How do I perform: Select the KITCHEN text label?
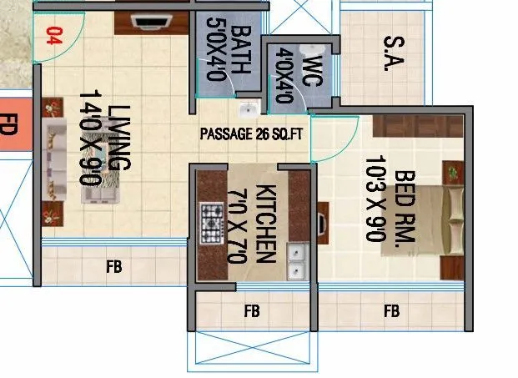(266, 223)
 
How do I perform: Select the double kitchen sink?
(295, 262)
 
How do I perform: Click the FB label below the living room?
(114, 267)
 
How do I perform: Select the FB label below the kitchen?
(251, 312)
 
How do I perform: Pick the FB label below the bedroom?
(390, 312)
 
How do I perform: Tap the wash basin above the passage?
(248, 109)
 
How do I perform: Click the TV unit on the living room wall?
(149, 23)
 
